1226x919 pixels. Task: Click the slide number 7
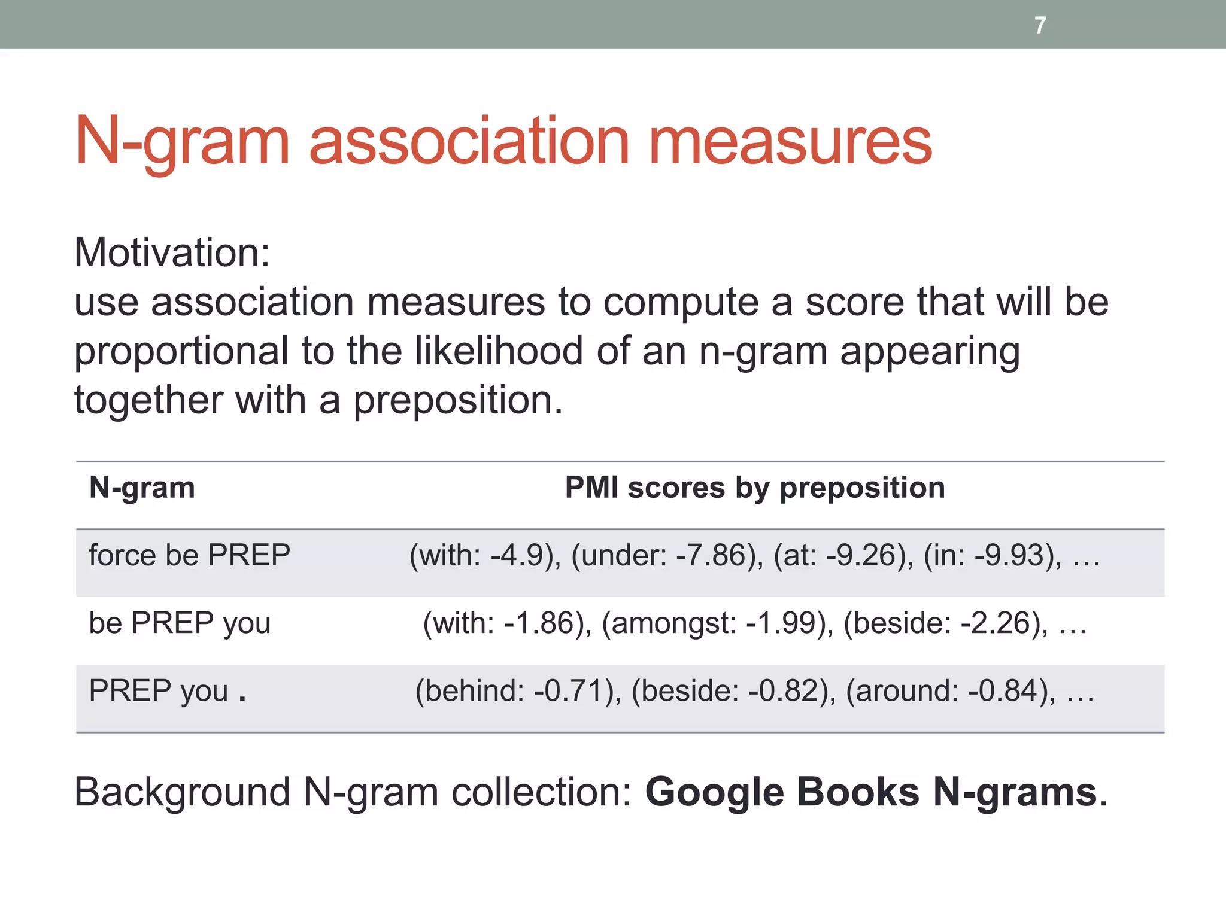1040,25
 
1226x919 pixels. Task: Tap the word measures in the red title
790,142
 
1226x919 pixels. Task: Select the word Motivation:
172,252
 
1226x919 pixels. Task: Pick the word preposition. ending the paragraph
458,401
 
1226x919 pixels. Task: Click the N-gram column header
142,488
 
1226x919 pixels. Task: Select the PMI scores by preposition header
755,488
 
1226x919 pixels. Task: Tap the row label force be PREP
189,555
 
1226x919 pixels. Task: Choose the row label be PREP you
180,623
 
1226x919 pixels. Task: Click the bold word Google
714,792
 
